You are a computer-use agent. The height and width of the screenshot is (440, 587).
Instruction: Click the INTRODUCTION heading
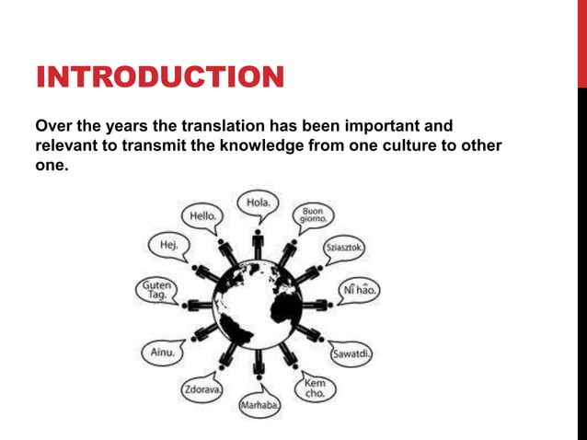coord(159,77)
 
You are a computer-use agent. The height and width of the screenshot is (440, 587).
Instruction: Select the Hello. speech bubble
coord(202,215)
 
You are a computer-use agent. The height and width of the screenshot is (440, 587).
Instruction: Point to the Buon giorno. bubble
coord(312,215)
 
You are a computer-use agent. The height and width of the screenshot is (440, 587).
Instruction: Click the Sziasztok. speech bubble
coord(343,249)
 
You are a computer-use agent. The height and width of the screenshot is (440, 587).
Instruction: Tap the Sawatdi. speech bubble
coord(351,353)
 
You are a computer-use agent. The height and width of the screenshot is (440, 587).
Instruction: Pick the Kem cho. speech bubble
coord(314,388)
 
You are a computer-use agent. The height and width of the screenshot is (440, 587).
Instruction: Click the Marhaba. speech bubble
coord(259,405)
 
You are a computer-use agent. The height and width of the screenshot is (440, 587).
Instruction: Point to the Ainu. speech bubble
coord(163,353)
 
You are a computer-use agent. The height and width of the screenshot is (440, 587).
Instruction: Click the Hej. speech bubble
coord(169,246)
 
